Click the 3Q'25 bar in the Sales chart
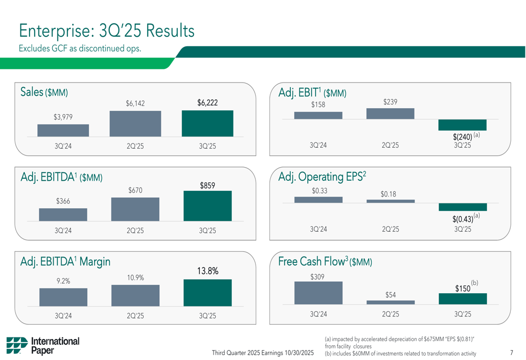click(x=207, y=124)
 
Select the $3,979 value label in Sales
click(x=63, y=117)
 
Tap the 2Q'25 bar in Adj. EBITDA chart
click(x=135, y=209)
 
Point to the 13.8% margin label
click(x=208, y=271)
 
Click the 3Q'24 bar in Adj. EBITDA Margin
click(x=63, y=297)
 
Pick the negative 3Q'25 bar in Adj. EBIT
click(x=462, y=125)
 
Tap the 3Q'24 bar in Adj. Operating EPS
click(x=318, y=200)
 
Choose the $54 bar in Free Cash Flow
click(x=390, y=302)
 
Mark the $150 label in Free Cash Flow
click(x=462, y=289)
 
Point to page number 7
click(x=511, y=353)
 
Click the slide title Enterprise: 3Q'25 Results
click(x=107, y=30)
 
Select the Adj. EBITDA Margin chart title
click(x=65, y=261)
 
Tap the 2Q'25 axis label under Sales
click(x=135, y=147)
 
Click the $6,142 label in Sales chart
click(x=135, y=104)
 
